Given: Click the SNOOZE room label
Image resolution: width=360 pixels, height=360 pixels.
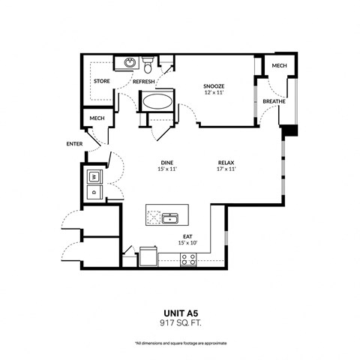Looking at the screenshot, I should (214, 85).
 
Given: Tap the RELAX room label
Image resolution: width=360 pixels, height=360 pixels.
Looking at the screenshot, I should (226, 162).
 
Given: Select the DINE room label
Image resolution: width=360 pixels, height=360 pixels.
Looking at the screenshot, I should (167, 162).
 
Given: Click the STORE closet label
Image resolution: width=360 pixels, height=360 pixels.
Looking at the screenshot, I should (101, 81).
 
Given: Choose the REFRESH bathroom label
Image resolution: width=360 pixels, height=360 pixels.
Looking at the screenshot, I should (144, 81).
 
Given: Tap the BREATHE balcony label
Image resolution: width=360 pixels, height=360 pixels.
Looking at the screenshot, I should (274, 102).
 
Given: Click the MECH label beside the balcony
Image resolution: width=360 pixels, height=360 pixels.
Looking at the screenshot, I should (279, 66).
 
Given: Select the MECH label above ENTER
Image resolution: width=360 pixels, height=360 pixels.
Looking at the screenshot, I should (96, 118).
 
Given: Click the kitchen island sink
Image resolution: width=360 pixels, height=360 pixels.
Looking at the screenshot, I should (170, 218).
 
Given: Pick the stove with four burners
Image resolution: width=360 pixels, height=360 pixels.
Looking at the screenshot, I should (188, 259).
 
